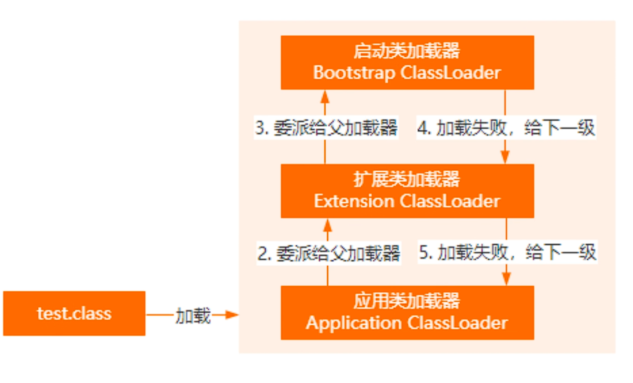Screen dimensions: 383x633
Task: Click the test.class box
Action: [74, 313]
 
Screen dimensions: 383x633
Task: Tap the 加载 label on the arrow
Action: [193, 315]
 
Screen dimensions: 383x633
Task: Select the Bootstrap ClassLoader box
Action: [407, 63]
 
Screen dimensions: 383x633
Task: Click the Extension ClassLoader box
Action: [407, 191]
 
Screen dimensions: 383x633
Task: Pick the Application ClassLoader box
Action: [407, 312]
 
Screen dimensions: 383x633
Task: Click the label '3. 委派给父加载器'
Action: [325, 127]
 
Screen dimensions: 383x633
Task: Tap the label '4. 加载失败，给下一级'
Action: [506, 127]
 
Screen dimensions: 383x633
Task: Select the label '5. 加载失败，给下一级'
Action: [508, 252]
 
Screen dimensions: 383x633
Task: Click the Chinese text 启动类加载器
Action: [407, 52]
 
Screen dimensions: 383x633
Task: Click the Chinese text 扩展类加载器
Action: [407, 180]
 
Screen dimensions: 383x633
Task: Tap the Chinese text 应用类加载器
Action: [407, 301]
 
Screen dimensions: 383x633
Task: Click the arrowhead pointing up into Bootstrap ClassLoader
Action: [325, 96]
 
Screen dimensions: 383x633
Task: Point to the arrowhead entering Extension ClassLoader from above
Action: [506, 157]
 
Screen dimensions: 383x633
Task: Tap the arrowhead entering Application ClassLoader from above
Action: [506, 278]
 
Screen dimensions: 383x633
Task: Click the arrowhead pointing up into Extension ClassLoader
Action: [328, 225]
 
